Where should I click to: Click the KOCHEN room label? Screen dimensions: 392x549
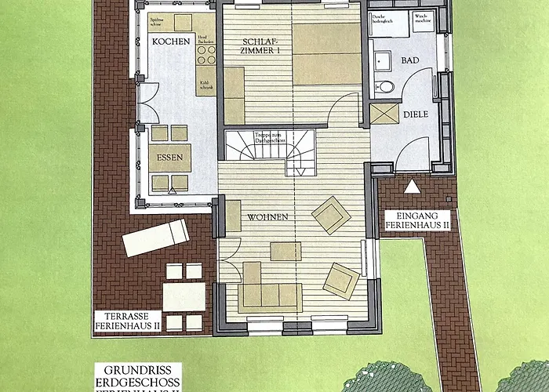click(171, 41)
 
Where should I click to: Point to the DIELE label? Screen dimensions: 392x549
click(415, 114)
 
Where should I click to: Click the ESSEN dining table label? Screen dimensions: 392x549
click(170, 158)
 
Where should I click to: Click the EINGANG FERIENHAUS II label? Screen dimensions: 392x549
click(416, 219)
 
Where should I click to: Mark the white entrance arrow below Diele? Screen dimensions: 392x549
click(411, 187)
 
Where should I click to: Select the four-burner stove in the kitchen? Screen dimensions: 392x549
click(206, 54)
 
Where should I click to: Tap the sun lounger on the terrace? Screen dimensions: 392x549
click(155, 237)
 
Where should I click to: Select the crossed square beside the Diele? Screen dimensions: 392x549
click(385, 114)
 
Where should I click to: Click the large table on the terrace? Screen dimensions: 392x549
click(184, 296)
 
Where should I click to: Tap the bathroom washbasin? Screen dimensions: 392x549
click(384, 60)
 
